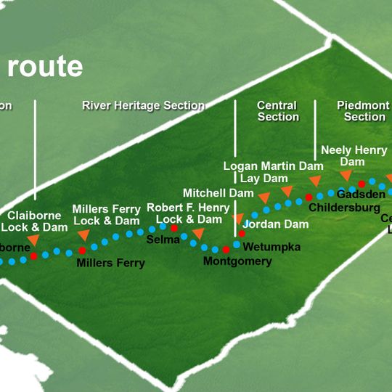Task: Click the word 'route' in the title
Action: [x=44, y=66]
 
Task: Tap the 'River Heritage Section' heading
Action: [x=143, y=106]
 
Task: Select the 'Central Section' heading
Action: [x=277, y=111]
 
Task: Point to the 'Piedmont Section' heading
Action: [x=364, y=111]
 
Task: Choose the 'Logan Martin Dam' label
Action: [x=272, y=166]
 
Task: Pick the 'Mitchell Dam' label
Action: [x=218, y=193]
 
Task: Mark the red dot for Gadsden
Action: [x=362, y=184]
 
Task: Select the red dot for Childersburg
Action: [x=309, y=197]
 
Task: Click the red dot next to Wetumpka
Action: [x=242, y=234]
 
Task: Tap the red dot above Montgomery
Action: [x=226, y=250]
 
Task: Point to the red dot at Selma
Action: [x=174, y=228]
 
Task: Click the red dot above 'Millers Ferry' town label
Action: [x=82, y=250]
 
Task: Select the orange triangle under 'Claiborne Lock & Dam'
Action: [x=33, y=240]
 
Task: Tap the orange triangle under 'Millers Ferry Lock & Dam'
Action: [x=83, y=234]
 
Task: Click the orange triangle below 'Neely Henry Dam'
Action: [x=346, y=175]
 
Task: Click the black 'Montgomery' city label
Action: [x=237, y=261]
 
